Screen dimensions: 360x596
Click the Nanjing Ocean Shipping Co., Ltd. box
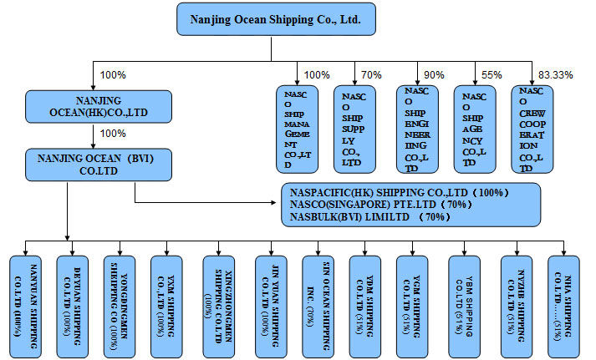(276, 18)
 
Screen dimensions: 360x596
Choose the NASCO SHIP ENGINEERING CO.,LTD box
(415, 129)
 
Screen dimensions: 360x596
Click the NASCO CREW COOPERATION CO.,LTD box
(532, 129)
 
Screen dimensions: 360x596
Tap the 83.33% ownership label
(556, 75)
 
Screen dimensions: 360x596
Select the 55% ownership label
(492, 75)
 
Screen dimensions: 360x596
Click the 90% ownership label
(435, 75)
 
